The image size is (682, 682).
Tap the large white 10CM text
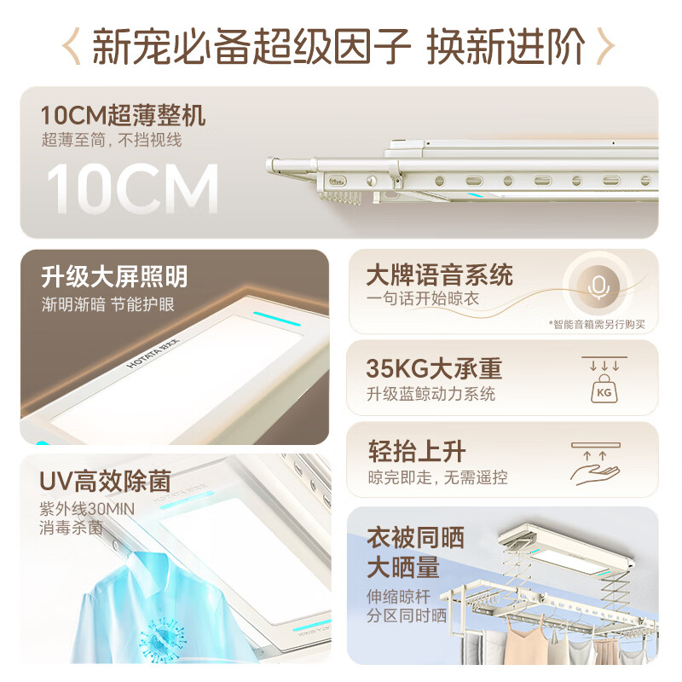click(x=133, y=189)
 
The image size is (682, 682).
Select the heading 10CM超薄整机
click(x=123, y=114)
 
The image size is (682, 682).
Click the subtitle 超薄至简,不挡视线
click(x=111, y=140)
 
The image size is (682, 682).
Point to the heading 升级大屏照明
click(x=114, y=276)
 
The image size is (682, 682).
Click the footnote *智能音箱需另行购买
click(x=597, y=324)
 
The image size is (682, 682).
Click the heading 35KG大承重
click(x=434, y=368)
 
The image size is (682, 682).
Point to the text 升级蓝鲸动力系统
click(x=431, y=394)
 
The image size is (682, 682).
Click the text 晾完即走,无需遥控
click(x=437, y=477)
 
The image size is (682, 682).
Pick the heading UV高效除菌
click(x=105, y=481)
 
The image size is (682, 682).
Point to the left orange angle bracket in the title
click(x=74, y=47)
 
